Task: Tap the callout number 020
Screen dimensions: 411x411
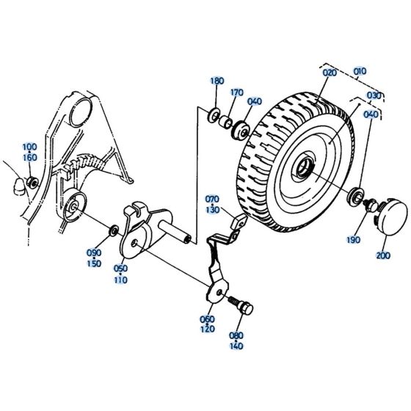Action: (328, 73)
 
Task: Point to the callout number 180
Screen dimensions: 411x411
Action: (217, 81)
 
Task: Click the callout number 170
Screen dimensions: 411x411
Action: (236, 93)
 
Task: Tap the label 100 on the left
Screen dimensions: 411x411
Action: (30, 147)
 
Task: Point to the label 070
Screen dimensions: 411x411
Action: (212, 200)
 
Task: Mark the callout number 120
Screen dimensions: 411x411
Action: (207, 330)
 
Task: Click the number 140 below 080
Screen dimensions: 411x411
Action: (236, 345)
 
